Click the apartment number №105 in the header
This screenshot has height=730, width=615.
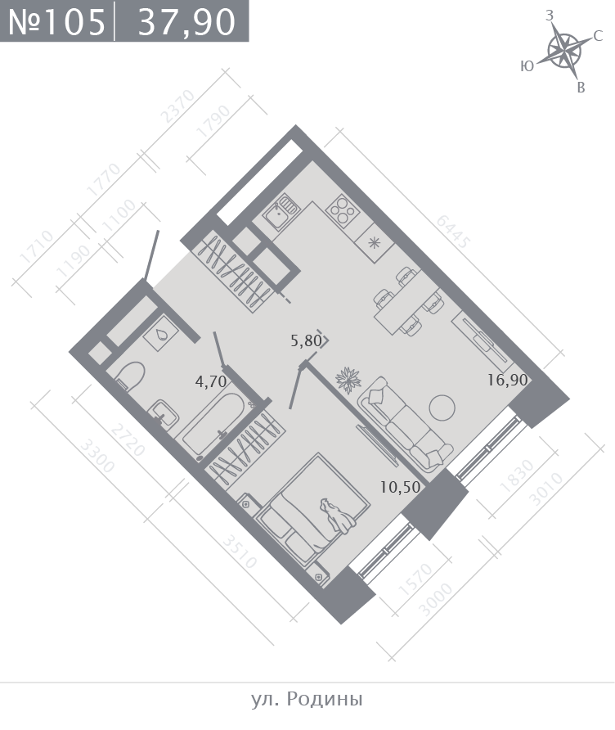[56, 21]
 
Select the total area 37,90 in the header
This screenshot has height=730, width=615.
[186, 22]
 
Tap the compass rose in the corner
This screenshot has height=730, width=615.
[564, 50]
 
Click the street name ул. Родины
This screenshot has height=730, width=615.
[307, 699]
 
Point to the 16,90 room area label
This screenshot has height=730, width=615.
[508, 381]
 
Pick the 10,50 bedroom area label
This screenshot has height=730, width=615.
[400, 488]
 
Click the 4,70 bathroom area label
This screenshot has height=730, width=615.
[211, 381]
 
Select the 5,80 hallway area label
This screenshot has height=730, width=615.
[306, 340]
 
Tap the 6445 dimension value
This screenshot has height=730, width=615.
[452, 232]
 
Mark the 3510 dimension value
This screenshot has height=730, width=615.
[239, 552]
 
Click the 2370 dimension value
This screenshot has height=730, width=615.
[177, 106]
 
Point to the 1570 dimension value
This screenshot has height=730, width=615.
[415, 579]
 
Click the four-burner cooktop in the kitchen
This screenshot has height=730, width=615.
[343, 212]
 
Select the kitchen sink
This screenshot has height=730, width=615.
[279, 213]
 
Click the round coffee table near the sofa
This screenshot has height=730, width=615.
[442, 408]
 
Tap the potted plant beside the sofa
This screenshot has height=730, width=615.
[348, 380]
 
